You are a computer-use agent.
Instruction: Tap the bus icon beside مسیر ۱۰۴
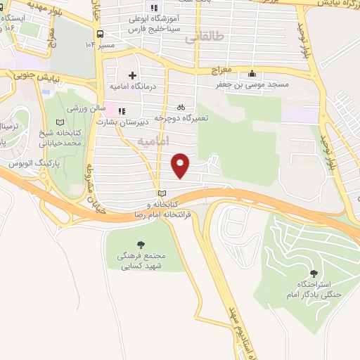click(x=101, y=34)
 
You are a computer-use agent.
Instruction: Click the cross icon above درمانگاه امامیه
click(x=131, y=75)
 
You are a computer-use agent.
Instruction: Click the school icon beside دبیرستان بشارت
click(x=121, y=110)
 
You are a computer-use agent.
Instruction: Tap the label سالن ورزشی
click(x=85, y=110)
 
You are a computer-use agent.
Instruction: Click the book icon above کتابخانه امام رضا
click(x=162, y=193)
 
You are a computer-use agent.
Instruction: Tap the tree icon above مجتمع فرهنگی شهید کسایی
click(x=141, y=243)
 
